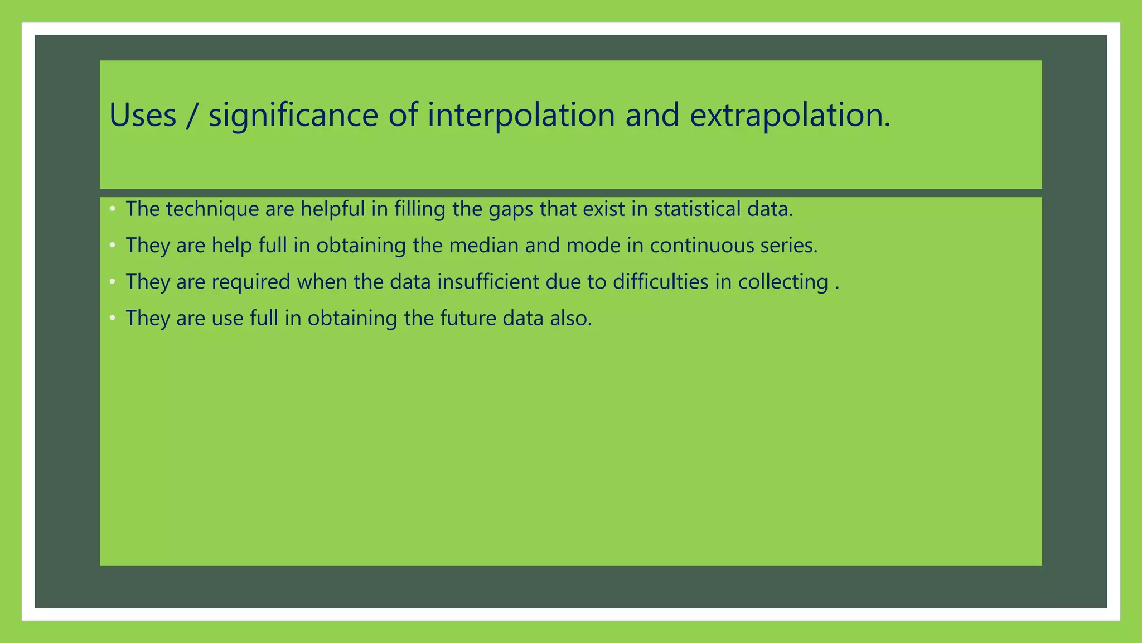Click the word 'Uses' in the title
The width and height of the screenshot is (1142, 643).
(143, 115)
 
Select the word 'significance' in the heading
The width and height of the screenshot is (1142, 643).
(293, 116)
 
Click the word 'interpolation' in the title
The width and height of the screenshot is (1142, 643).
(521, 116)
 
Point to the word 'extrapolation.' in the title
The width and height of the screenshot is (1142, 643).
(790, 116)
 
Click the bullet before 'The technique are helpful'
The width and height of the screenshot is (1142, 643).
(113, 209)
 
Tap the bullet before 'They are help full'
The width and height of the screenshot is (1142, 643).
(113, 245)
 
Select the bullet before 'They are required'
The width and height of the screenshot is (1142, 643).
(113, 281)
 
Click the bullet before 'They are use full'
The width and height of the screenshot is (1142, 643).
(113, 318)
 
